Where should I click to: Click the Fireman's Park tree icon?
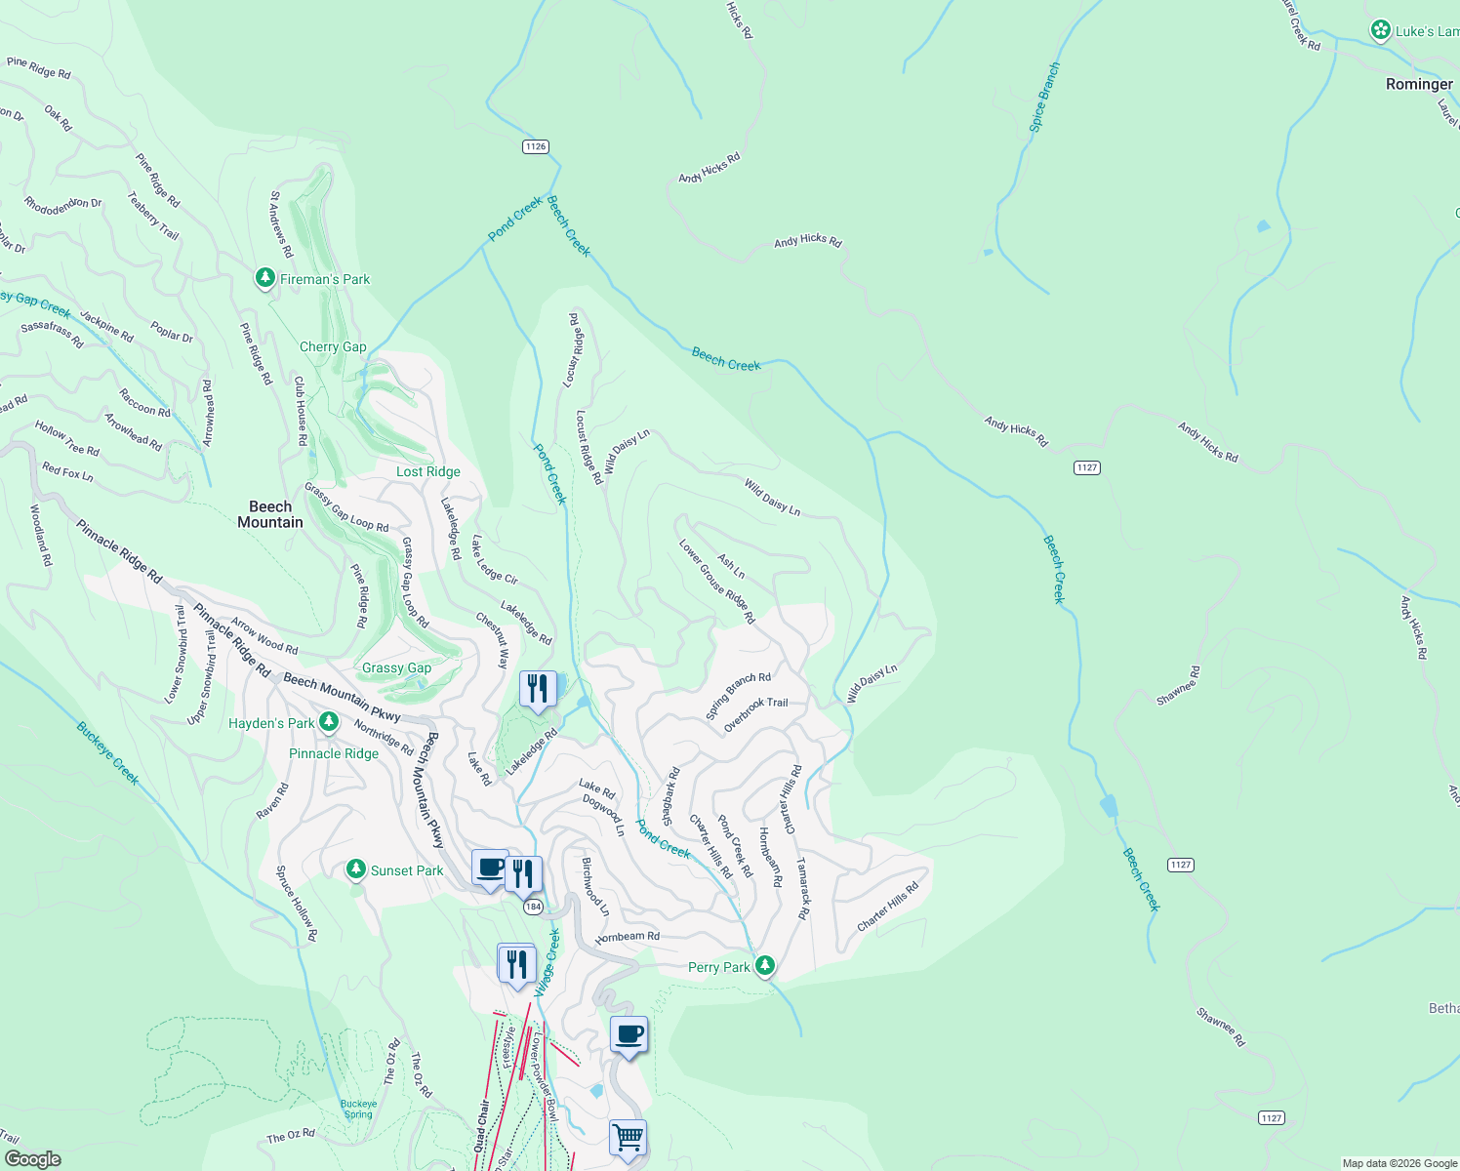[x=264, y=278]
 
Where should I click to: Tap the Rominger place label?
[x=1419, y=85]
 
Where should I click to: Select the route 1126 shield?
[x=535, y=146]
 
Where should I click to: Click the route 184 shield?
[x=533, y=908]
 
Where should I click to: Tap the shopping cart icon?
[x=628, y=1138]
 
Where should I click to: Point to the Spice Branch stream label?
[x=1044, y=98]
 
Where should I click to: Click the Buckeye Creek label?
[x=107, y=752]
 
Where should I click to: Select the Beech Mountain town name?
[x=270, y=514]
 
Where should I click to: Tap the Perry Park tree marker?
[x=765, y=966]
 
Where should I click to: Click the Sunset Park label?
[x=407, y=870]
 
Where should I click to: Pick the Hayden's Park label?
[x=271, y=723]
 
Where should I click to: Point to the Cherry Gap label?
[x=333, y=346]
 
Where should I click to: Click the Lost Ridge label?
[x=428, y=471]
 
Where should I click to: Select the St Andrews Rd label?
[x=281, y=224]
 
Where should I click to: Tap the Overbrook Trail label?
[x=755, y=715]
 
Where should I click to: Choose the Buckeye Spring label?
[x=358, y=1110]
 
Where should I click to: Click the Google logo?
[x=32, y=1159]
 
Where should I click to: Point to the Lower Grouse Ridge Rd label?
[x=717, y=583]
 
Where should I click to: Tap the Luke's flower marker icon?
[x=1380, y=30]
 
